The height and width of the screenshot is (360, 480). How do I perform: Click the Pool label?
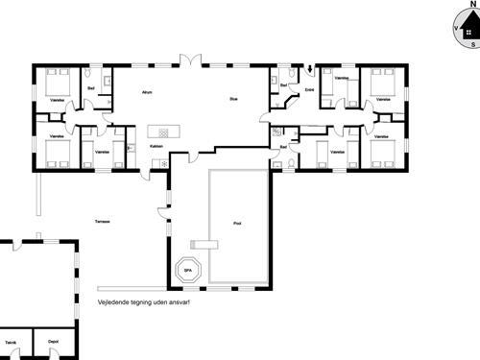[237, 223]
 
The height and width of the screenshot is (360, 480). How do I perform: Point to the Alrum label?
[147, 93]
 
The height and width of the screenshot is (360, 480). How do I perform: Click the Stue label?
[232, 99]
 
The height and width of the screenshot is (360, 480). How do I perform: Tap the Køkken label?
[156, 146]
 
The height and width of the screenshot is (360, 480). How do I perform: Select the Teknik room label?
[12, 341]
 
